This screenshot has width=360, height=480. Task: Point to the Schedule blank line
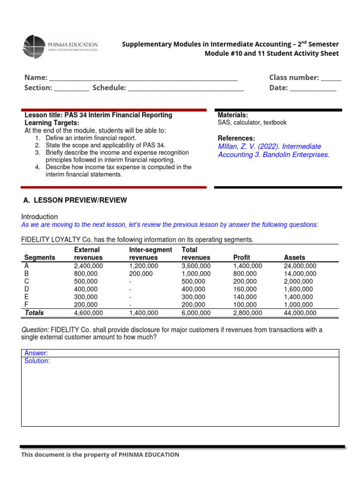(x=186, y=89)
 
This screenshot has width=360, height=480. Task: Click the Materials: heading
(x=233, y=115)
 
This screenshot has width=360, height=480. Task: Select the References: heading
(x=236, y=138)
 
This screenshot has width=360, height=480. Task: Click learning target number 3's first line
(x=117, y=153)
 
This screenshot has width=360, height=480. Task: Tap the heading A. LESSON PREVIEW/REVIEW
(x=75, y=200)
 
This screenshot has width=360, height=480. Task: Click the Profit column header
(x=242, y=257)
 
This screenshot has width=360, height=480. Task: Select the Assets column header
(x=294, y=257)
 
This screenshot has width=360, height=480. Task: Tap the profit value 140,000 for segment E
(x=245, y=297)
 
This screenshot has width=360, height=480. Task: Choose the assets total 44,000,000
(x=300, y=313)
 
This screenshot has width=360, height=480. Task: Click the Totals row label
(x=34, y=313)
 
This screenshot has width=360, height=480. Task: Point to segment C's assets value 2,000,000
(x=298, y=281)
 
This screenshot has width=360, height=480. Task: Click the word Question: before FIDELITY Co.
(x=35, y=330)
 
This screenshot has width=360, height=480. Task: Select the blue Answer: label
(x=36, y=353)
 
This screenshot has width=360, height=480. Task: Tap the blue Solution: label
(x=37, y=361)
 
